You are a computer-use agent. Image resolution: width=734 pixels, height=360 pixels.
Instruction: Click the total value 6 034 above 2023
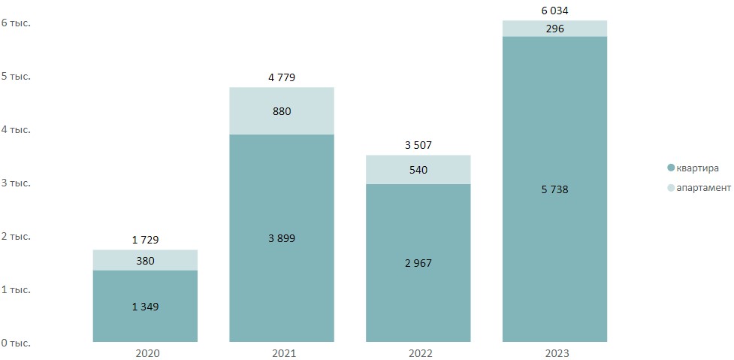coord(554,11)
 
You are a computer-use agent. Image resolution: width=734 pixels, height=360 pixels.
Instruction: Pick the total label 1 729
coord(145,240)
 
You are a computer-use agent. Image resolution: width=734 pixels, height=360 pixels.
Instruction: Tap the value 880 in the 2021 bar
coord(282,111)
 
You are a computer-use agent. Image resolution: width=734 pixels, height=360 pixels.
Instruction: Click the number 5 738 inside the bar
coord(554,189)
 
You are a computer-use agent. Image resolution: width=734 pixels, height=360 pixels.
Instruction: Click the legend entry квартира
coord(697,168)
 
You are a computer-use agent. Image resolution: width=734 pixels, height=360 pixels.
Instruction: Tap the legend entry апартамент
coord(703,187)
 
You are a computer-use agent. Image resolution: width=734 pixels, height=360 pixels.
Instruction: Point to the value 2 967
coord(418,263)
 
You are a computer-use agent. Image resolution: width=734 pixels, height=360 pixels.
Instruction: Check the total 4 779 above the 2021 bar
coord(282,77)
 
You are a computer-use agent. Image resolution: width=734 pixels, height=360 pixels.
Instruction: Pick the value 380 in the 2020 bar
coord(145,260)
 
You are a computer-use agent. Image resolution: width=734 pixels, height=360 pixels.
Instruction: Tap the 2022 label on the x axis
coord(418,353)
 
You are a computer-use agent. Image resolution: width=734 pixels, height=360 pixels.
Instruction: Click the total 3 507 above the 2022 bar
coord(418,145)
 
